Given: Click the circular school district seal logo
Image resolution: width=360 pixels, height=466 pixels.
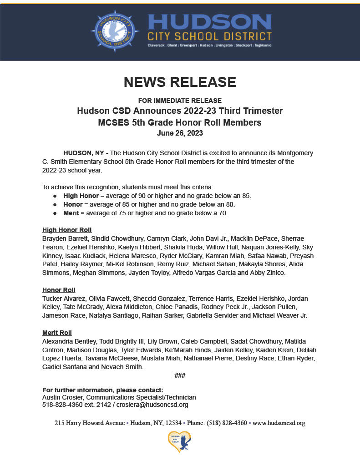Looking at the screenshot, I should pyautogui.click(x=115, y=31).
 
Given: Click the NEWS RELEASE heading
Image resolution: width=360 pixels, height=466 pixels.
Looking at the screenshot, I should pyautogui.click(x=180, y=82).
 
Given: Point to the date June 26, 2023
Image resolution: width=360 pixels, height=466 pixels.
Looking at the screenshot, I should pyautogui.click(x=180, y=133).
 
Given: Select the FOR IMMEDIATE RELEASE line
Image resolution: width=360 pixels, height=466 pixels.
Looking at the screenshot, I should pyautogui.click(x=180, y=101).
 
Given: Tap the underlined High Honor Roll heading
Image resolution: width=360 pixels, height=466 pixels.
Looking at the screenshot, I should pyautogui.click(x=67, y=230).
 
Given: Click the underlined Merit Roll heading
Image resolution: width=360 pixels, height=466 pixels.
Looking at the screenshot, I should pyautogui.click(x=57, y=333).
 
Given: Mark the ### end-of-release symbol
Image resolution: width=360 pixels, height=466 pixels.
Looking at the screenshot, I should pyautogui.click(x=180, y=375).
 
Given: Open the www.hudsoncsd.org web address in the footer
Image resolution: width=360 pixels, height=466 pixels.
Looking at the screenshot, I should pyautogui.click(x=279, y=423).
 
